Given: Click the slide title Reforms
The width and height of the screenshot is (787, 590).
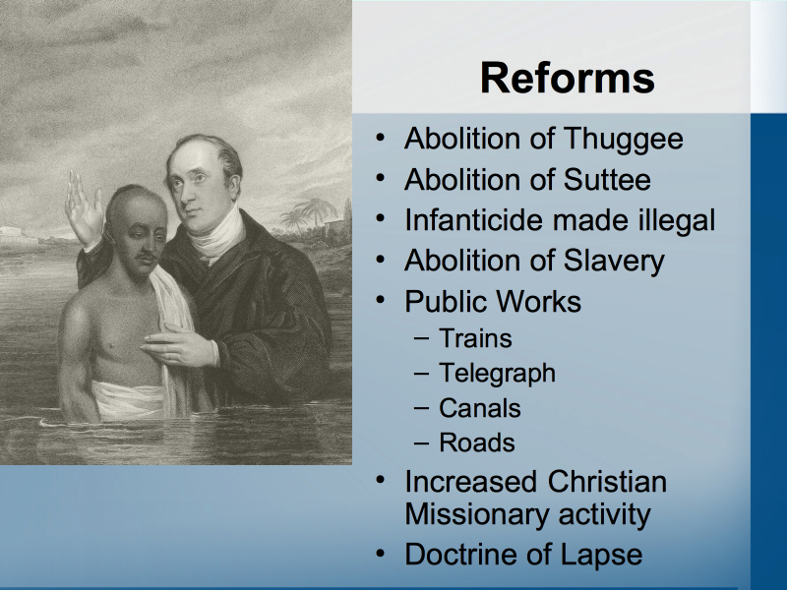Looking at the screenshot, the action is (568, 78).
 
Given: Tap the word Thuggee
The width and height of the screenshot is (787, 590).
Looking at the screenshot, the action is (623, 140).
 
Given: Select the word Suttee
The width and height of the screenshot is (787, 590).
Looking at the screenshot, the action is (607, 180).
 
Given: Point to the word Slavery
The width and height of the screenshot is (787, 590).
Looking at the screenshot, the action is (613, 262).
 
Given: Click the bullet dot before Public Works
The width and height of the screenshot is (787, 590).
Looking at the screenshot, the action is (381, 300).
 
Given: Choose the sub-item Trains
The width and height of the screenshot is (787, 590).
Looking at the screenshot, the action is (475, 338).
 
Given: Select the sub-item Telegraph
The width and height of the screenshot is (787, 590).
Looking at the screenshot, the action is (498, 374).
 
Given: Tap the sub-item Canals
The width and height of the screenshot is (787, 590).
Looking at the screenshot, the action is (480, 408).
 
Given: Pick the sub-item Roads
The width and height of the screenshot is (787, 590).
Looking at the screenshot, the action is (477, 443).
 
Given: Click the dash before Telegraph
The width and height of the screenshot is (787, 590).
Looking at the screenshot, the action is (422, 374).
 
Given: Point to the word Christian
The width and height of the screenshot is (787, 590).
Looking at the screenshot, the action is (607, 481).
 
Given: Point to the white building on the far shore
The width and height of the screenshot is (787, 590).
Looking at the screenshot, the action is (19, 235).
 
